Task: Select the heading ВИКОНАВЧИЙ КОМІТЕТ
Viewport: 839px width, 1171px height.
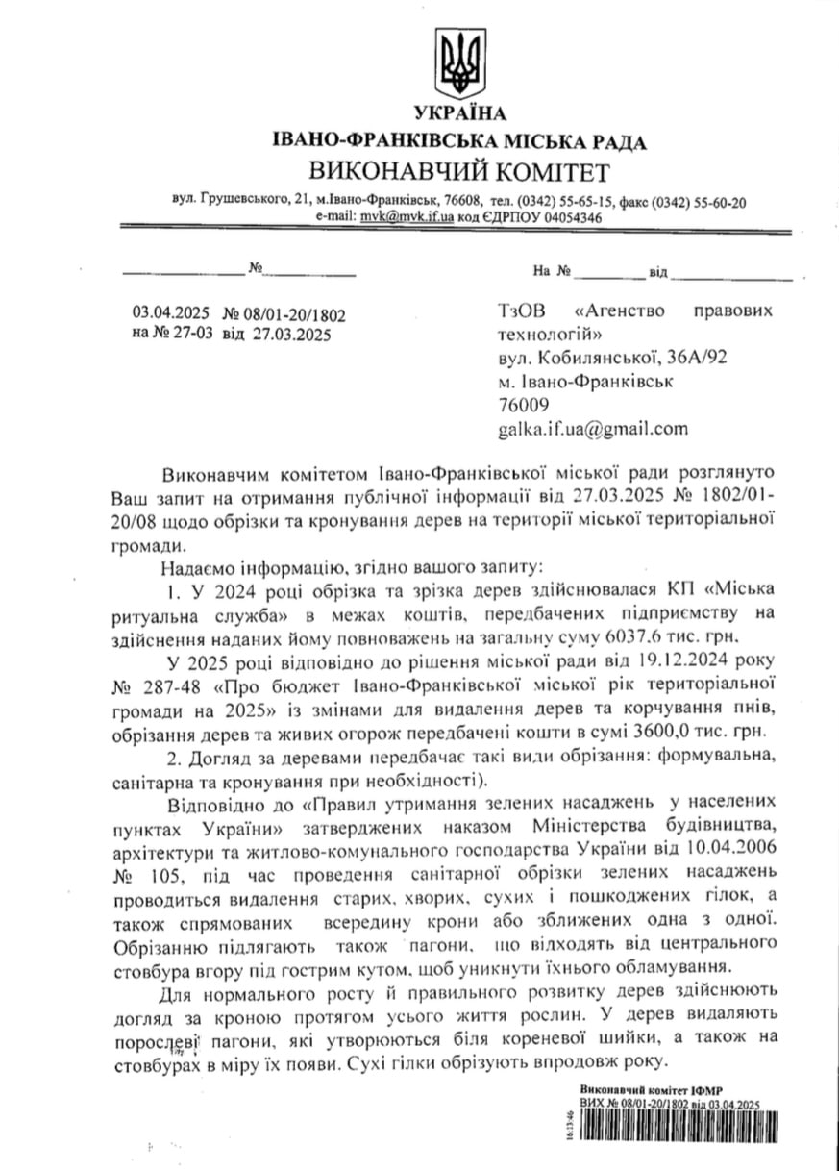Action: click(x=458, y=173)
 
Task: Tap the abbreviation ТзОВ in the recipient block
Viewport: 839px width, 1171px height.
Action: click(x=525, y=312)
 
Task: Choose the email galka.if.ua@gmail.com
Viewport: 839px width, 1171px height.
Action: click(x=593, y=428)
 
